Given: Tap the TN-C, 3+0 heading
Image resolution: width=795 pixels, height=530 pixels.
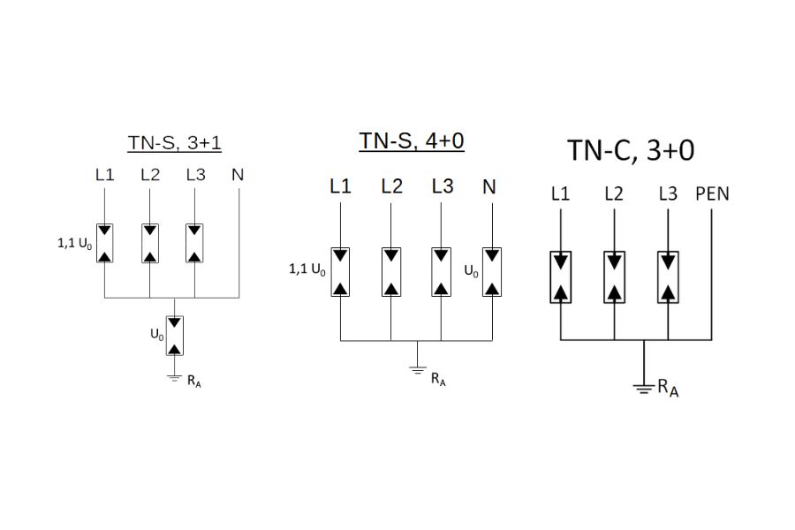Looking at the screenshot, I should pyautogui.click(x=630, y=150).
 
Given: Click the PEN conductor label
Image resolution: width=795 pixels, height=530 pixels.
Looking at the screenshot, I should pyautogui.click(x=712, y=193).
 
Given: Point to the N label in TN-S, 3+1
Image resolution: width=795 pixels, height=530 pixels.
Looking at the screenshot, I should pyautogui.click(x=237, y=174).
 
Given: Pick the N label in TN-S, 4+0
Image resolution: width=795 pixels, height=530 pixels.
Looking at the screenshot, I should pyautogui.click(x=489, y=186).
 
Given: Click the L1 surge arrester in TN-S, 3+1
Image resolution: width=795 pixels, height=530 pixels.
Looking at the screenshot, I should pyautogui.click(x=105, y=243).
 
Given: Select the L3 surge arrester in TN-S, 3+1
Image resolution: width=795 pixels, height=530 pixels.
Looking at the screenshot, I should pyautogui.click(x=195, y=243).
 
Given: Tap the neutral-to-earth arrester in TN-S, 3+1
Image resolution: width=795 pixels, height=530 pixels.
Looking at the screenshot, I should pyautogui.click(x=176, y=335).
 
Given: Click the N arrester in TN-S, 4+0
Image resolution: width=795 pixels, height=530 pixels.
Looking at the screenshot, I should pyautogui.click(x=491, y=272).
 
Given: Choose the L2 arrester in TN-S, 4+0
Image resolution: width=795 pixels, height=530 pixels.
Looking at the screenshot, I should pyautogui.click(x=390, y=272).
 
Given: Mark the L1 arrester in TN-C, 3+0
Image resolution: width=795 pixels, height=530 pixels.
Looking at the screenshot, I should pyautogui.click(x=561, y=277).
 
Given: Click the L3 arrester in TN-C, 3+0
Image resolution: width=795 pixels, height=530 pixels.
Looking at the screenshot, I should pyautogui.click(x=669, y=277).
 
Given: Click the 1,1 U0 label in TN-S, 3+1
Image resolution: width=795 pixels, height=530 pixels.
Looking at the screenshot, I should pyautogui.click(x=74, y=243).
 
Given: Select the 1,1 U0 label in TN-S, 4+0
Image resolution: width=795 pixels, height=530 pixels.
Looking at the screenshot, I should pyautogui.click(x=307, y=270).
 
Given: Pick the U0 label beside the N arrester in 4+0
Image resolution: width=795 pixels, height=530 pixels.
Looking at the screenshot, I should pyautogui.click(x=471, y=271).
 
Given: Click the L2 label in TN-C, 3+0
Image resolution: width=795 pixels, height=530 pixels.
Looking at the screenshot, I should pyautogui.click(x=614, y=193).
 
